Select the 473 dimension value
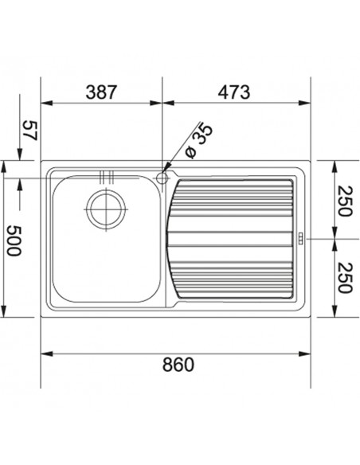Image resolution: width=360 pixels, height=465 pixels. (x=234, y=92)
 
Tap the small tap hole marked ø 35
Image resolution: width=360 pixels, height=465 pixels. (x=163, y=176)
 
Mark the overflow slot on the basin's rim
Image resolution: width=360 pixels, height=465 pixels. (x=106, y=176)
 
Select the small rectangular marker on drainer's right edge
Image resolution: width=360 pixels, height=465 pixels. (x=301, y=237)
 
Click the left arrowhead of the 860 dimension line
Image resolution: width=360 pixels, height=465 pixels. (x=44, y=354)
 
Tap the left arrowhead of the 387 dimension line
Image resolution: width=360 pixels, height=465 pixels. (x=44, y=103)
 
